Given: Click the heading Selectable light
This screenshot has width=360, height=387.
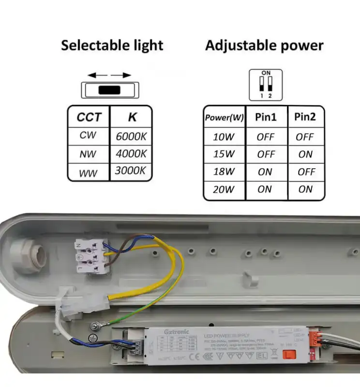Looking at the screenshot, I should point(112,46).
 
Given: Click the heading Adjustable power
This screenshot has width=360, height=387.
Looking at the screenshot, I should point(264,46).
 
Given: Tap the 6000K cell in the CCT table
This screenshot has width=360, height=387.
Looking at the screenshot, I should point(131,136).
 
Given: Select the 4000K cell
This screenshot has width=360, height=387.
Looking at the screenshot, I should point(131,154).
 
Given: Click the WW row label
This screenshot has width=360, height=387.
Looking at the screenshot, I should point(88,172).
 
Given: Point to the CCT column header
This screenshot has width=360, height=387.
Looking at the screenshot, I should point(89,117).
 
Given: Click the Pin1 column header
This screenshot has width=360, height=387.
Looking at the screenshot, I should point(266,117).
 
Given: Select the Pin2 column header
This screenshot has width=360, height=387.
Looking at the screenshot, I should point(305,117).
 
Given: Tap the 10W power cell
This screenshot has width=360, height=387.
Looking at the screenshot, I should point(224,137).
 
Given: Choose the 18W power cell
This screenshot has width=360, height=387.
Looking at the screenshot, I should point(224,172).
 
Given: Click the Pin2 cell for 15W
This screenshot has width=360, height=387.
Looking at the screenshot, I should point(305,154).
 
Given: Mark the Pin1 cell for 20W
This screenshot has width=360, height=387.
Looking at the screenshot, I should point(265,190).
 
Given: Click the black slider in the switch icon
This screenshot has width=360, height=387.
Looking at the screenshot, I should point(110,90).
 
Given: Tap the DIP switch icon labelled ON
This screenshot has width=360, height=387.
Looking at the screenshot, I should point(266,85).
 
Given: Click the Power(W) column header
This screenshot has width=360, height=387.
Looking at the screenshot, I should point(224,117).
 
